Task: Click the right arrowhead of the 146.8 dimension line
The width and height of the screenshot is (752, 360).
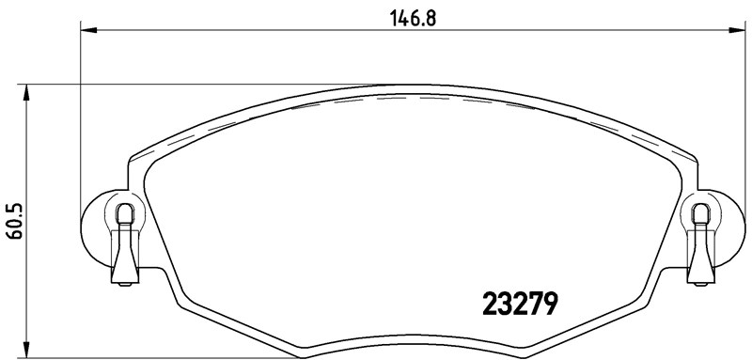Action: (x=733, y=32)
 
